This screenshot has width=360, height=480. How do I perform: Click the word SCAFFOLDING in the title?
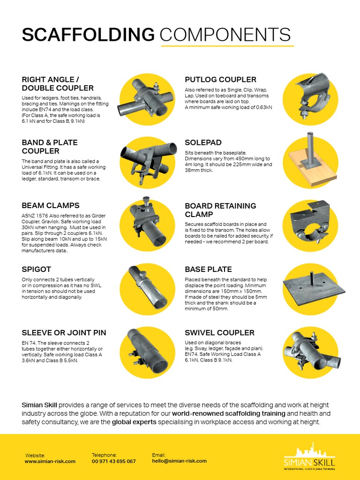pyautogui.click(x=88, y=35)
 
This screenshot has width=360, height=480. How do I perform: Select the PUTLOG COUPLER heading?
pyautogui.click(x=220, y=80)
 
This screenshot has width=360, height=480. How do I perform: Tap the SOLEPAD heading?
pyautogui.click(x=203, y=142)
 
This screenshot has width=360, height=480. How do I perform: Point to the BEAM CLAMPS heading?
pyautogui.click(x=51, y=205)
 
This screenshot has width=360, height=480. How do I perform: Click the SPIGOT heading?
pyautogui.click(x=37, y=269)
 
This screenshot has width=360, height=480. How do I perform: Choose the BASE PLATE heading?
pyautogui.click(x=208, y=269)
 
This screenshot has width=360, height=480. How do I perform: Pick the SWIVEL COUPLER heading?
pyautogui.click(x=219, y=333)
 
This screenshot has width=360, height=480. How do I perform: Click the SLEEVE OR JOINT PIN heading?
pyautogui.click(x=64, y=333)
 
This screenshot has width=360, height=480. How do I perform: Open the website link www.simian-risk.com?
pyautogui.click(x=50, y=461)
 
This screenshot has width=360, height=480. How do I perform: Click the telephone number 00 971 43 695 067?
pyautogui.click(x=113, y=461)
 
